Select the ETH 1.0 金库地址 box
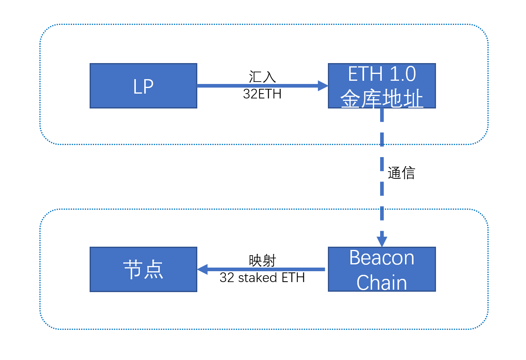(x=382, y=86)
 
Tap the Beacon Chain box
(x=382, y=269)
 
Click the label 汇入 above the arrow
(x=262, y=77)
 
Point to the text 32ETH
(x=262, y=94)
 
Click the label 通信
(x=401, y=173)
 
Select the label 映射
(x=262, y=261)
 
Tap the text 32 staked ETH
(x=262, y=277)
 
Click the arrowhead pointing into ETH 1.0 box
(x=323, y=86)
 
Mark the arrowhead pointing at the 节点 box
(x=202, y=269)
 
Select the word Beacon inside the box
(x=382, y=258)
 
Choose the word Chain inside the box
(x=382, y=282)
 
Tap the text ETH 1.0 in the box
(x=382, y=74)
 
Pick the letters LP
(x=143, y=86)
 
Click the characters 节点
(x=143, y=269)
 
